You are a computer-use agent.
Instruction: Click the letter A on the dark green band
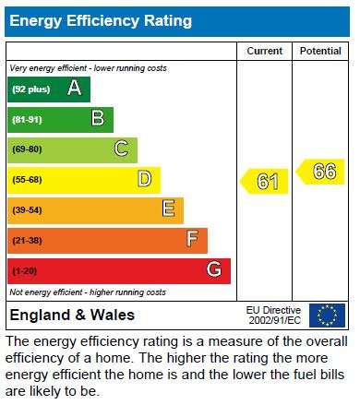click(x=75, y=88)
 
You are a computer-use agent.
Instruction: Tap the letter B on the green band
click(x=98, y=118)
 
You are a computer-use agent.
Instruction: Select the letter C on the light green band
click(x=121, y=149)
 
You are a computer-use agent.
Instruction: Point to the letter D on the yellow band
click(x=145, y=179)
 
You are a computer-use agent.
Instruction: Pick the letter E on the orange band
click(x=169, y=208)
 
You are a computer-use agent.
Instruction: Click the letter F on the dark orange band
click(x=192, y=239)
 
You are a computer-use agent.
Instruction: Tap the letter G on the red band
click(x=214, y=269)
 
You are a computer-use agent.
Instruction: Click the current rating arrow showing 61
click(x=264, y=181)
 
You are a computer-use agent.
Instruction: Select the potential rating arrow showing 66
click(x=320, y=172)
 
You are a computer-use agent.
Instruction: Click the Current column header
click(x=264, y=51)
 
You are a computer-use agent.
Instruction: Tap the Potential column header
click(x=320, y=51)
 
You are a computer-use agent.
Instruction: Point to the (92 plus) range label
click(x=31, y=89)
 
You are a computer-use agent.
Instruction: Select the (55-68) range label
click(x=27, y=180)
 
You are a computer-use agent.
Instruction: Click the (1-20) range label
click(x=25, y=271)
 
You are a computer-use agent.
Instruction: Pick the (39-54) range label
click(x=27, y=210)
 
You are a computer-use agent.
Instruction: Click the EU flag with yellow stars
click(x=328, y=316)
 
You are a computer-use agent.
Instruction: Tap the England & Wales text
click(x=72, y=316)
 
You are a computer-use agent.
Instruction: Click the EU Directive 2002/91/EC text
click(x=273, y=316)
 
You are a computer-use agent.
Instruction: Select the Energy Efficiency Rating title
click(x=101, y=21)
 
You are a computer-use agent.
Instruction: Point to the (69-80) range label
click(x=27, y=149)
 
